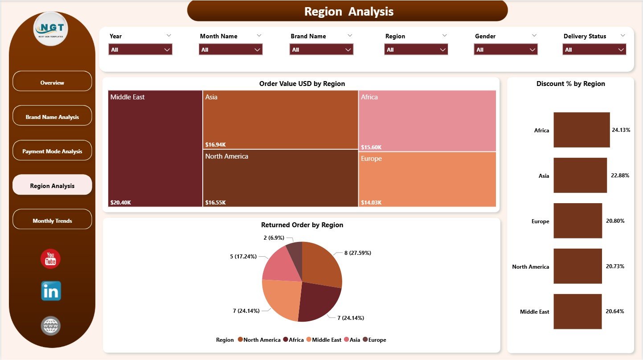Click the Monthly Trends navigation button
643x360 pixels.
52,221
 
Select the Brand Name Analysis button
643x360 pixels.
52,117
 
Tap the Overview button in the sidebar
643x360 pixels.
52,82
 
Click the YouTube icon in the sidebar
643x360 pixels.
50,259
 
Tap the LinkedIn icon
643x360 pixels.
51,291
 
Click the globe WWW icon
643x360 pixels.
50,326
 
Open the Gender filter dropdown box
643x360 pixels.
505,49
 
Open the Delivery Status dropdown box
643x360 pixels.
594,49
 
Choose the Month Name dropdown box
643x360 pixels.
230,49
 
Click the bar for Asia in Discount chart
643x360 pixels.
580,175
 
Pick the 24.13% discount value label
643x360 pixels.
621,130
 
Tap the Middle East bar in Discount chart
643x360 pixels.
577,311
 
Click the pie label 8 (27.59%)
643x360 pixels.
357,253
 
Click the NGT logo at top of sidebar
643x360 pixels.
51,29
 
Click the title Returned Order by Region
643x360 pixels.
302,225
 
